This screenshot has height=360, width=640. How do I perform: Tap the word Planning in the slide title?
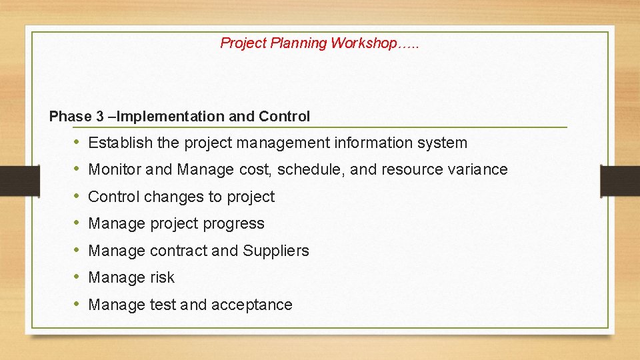click(x=299, y=43)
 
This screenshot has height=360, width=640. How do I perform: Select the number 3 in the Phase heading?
click(x=99, y=117)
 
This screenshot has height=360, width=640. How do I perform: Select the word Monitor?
click(x=115, y=170)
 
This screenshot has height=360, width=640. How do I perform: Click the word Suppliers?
click(x=276, y=251)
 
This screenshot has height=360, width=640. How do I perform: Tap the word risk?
click(x=162, y=278)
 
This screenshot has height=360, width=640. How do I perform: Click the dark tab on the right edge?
click(x=620, y=180)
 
